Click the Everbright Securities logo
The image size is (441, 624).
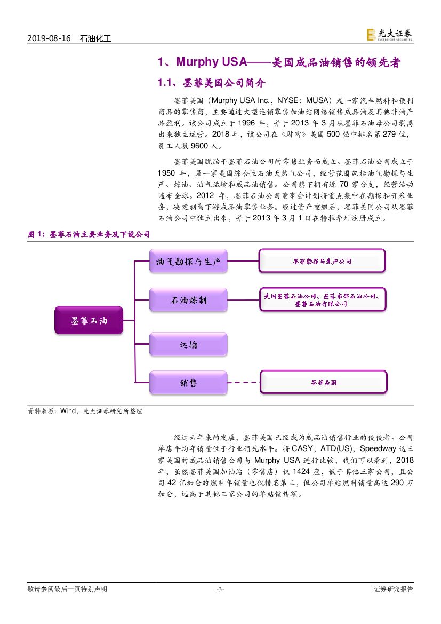point(389,35)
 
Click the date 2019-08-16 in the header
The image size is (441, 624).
point(49,38)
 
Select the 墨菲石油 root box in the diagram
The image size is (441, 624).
point(89,320)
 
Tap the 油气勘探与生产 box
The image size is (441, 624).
point(188,261)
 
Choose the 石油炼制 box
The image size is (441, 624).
point(188,301)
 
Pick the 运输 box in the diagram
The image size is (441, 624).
point(188,344)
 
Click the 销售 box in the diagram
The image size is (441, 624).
point(188,383)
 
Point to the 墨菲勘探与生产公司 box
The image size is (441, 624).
point(322,262)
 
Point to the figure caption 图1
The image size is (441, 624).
point(89,234)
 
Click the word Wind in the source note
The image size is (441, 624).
point(68,411)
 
